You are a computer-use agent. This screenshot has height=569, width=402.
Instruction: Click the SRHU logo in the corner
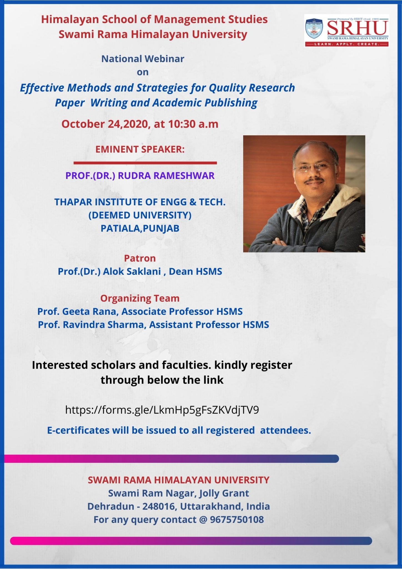(346, 31)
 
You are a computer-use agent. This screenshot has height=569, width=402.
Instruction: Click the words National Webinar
(143, 59)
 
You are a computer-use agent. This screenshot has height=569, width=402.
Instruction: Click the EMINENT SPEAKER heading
(140, 149)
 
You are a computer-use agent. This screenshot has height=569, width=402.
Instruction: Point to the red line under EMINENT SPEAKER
(145, 163)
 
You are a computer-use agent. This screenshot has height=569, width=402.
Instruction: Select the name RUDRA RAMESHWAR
(166, 176)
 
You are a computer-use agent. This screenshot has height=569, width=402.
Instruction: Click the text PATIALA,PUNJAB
(140, 228)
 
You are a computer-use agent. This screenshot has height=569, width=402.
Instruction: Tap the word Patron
(140, 258)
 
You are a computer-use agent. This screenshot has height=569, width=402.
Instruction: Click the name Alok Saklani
(132, 271)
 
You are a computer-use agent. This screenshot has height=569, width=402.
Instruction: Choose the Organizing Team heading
(140, 298)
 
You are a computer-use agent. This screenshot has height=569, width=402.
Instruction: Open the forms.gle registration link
(162, 410)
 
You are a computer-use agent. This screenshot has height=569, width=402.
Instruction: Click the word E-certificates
(78, 430)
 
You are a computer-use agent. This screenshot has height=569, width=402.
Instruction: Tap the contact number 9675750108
(237, 520)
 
